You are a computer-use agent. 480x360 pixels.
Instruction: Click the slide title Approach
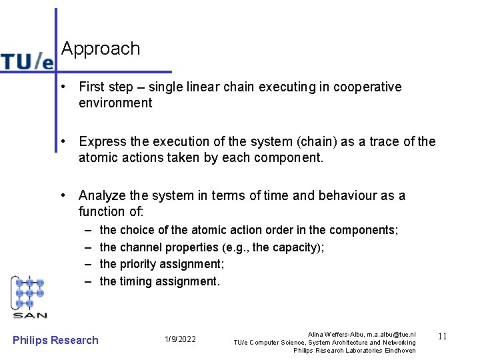point(101,49)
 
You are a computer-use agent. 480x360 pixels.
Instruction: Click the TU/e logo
point(27,61)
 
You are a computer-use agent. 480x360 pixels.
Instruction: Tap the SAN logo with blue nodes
point(30,297)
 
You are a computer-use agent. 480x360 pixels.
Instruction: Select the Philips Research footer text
point(55,340)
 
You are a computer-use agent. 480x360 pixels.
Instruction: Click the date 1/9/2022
point(180,340)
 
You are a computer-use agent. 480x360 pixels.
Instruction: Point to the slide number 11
point(441,337)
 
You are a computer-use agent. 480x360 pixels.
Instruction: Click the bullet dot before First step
point(61,87)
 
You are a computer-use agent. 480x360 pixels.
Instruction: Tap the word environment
point(115,103)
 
